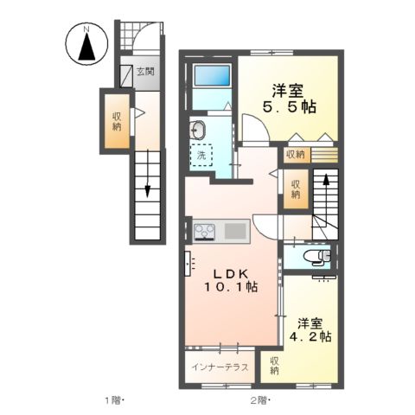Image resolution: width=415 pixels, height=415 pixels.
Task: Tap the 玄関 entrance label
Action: tap(144, 72)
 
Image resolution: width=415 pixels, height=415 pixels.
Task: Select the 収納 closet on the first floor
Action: tap(116, 121)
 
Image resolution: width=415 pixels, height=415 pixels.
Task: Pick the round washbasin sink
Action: tap(199, 131)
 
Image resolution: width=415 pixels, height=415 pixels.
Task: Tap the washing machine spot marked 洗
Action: tap(201, 157)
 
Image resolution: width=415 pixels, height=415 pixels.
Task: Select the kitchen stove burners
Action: tap(206, 231)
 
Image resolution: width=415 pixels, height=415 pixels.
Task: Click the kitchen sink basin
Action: tap(235, 231)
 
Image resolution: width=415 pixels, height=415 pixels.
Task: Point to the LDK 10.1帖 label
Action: tap(229, 278)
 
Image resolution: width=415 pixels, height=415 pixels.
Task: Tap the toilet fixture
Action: tap(320, 257)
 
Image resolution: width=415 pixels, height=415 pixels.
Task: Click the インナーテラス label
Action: tap(220, 367)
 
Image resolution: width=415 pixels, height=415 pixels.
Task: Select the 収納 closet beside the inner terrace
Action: tap(273, 366)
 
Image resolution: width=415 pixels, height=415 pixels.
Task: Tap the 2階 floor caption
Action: tap(260, 400)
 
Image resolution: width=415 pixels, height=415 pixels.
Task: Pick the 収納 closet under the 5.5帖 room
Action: tap(295, 155)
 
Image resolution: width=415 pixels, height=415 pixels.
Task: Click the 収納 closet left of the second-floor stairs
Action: tap(295, 189)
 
